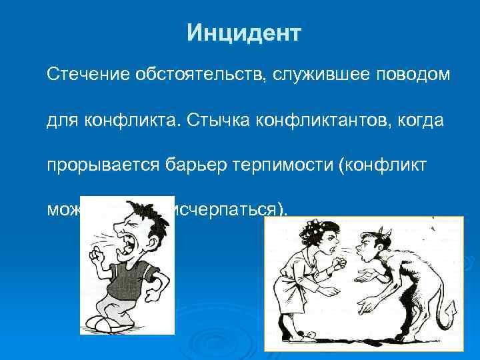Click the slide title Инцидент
[x=244, y=32]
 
